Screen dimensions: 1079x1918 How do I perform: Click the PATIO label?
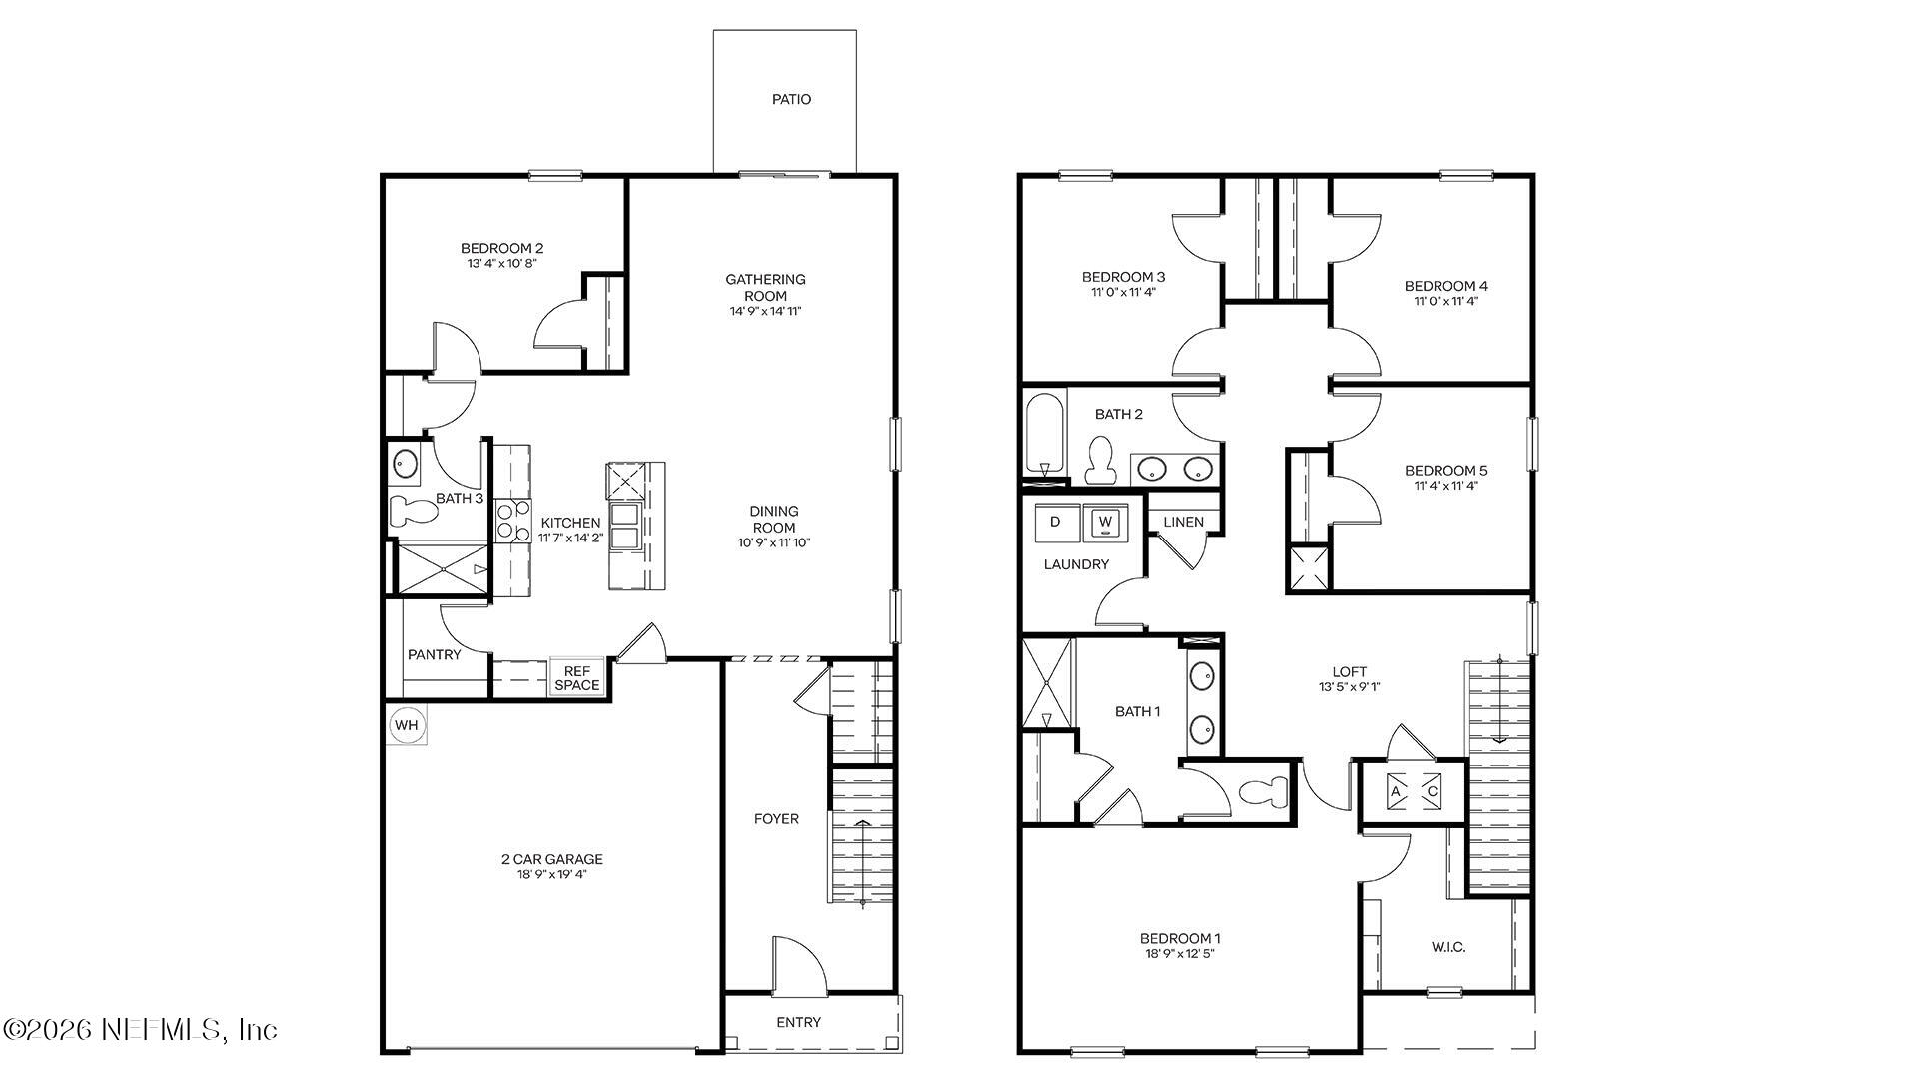pyautogui.click(x=791, y=99)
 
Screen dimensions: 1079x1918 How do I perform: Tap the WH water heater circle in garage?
pyautogui.click(x=406, y=725)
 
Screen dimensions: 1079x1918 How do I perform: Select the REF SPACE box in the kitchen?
pyautogui.click(x=577, y=678)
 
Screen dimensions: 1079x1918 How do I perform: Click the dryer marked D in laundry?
pyautogui.click(x=1055, y=522)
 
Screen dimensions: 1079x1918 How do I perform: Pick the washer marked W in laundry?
pyautogui.click(x=1105, y=522)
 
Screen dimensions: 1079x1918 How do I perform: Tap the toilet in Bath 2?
pyautogui.click(x=1101, y=461)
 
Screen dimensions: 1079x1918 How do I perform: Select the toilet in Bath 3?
pyautogui.click(x=413, y=511)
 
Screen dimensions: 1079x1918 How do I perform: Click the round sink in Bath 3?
pyautogui.click(x=405, y=464)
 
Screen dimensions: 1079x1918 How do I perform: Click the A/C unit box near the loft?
pyautogui.click(x=1414, y=791)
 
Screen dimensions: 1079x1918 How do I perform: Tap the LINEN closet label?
pyautogui.click(x=1183, y=522)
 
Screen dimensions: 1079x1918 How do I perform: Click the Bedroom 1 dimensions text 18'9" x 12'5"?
pyautogui.click(x=1179, y=954)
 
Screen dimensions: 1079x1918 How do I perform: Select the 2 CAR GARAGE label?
pyautogui.click(x=551, y=859)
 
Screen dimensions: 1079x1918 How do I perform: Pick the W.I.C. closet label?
pyautogui.click(x=1447, y=947)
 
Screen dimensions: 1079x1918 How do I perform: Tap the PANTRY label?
pyautogui.click(x=434, y=655)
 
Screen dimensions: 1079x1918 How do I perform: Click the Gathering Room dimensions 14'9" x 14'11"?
pyautogui.click(x=765, y=311)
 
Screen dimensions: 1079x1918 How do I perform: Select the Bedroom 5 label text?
pyautogui.click(x=1445, y=470)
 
